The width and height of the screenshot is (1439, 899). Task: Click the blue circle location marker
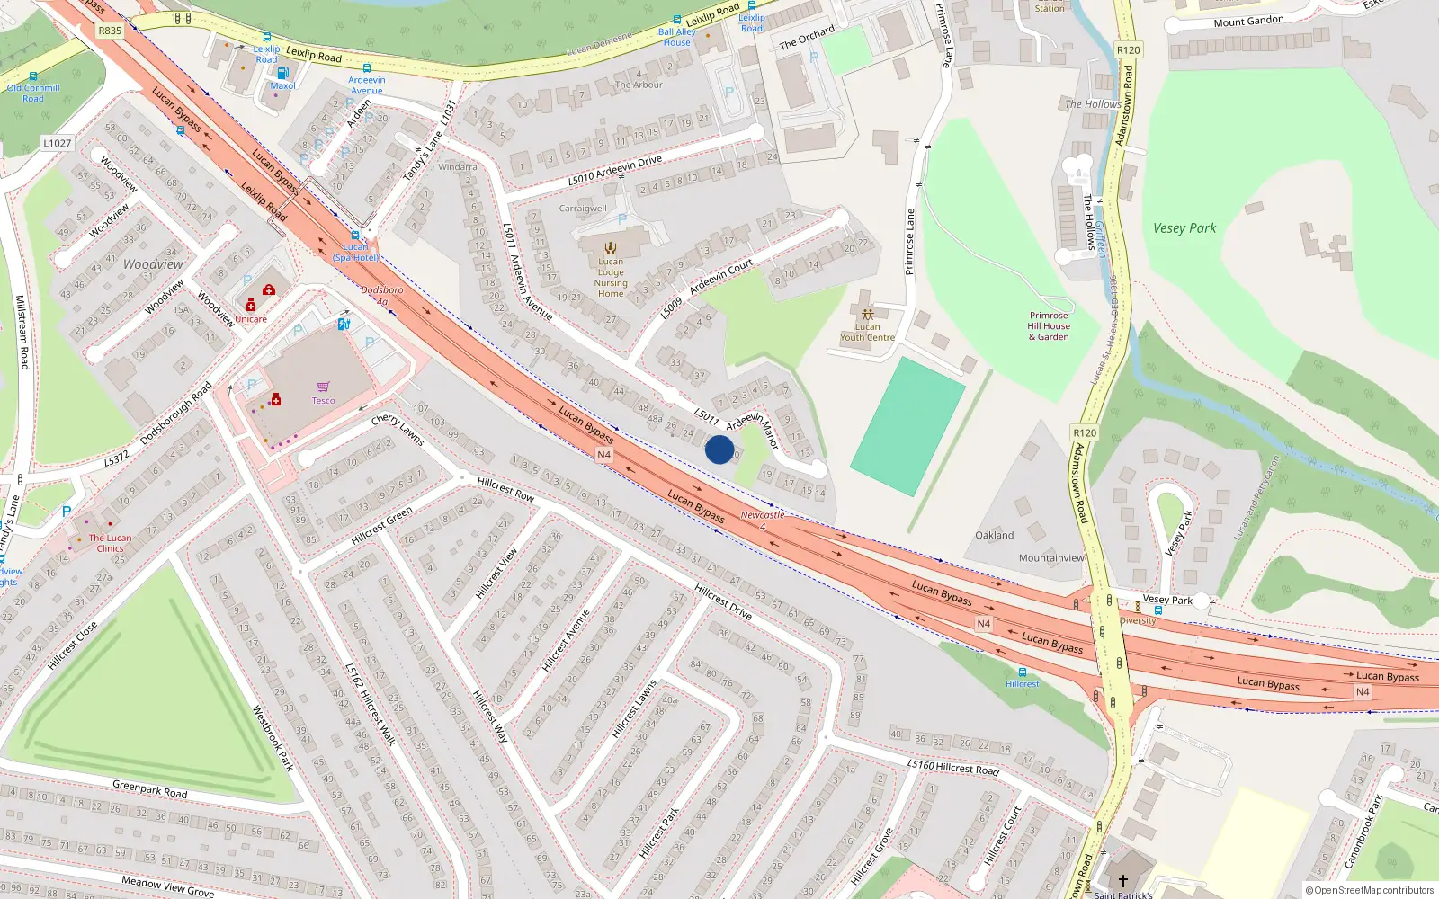[x=719, y=449]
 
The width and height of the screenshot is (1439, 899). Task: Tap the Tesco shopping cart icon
[x=323, y=387]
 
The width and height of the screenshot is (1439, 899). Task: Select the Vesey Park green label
[x=1184, y=228]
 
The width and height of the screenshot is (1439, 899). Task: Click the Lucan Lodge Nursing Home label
[x=611, y=277]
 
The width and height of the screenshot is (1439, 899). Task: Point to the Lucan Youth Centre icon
[x=867, y=315]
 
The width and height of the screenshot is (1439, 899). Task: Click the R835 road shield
[x=110, y=31]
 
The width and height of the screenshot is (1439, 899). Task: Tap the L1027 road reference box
[x=57, y=143]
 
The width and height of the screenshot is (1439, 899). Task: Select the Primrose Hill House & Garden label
[x=1049, y=326]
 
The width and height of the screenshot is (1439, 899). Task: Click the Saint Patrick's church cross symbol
[x=1122, y=880]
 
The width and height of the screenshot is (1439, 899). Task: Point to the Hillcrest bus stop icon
[x=1023, y=672]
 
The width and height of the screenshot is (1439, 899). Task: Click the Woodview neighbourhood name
[x=153, y=264]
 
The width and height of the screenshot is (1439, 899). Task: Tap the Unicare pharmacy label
[x=251, y=319]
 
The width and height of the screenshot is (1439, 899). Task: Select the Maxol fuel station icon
[x=282, y=73]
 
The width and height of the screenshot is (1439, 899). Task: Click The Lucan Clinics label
[x=110, y=543]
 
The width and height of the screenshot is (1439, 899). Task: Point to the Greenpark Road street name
[x=150, y=788]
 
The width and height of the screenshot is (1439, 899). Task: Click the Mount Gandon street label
[x=1248, y=22]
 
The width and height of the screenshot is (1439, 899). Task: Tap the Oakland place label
[x=994, y=535]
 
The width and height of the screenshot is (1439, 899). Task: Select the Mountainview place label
[x=1050, y=558]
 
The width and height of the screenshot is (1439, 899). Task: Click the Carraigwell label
[x=583, y=209]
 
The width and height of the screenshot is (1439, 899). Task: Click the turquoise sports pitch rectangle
[x=907, y=427]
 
